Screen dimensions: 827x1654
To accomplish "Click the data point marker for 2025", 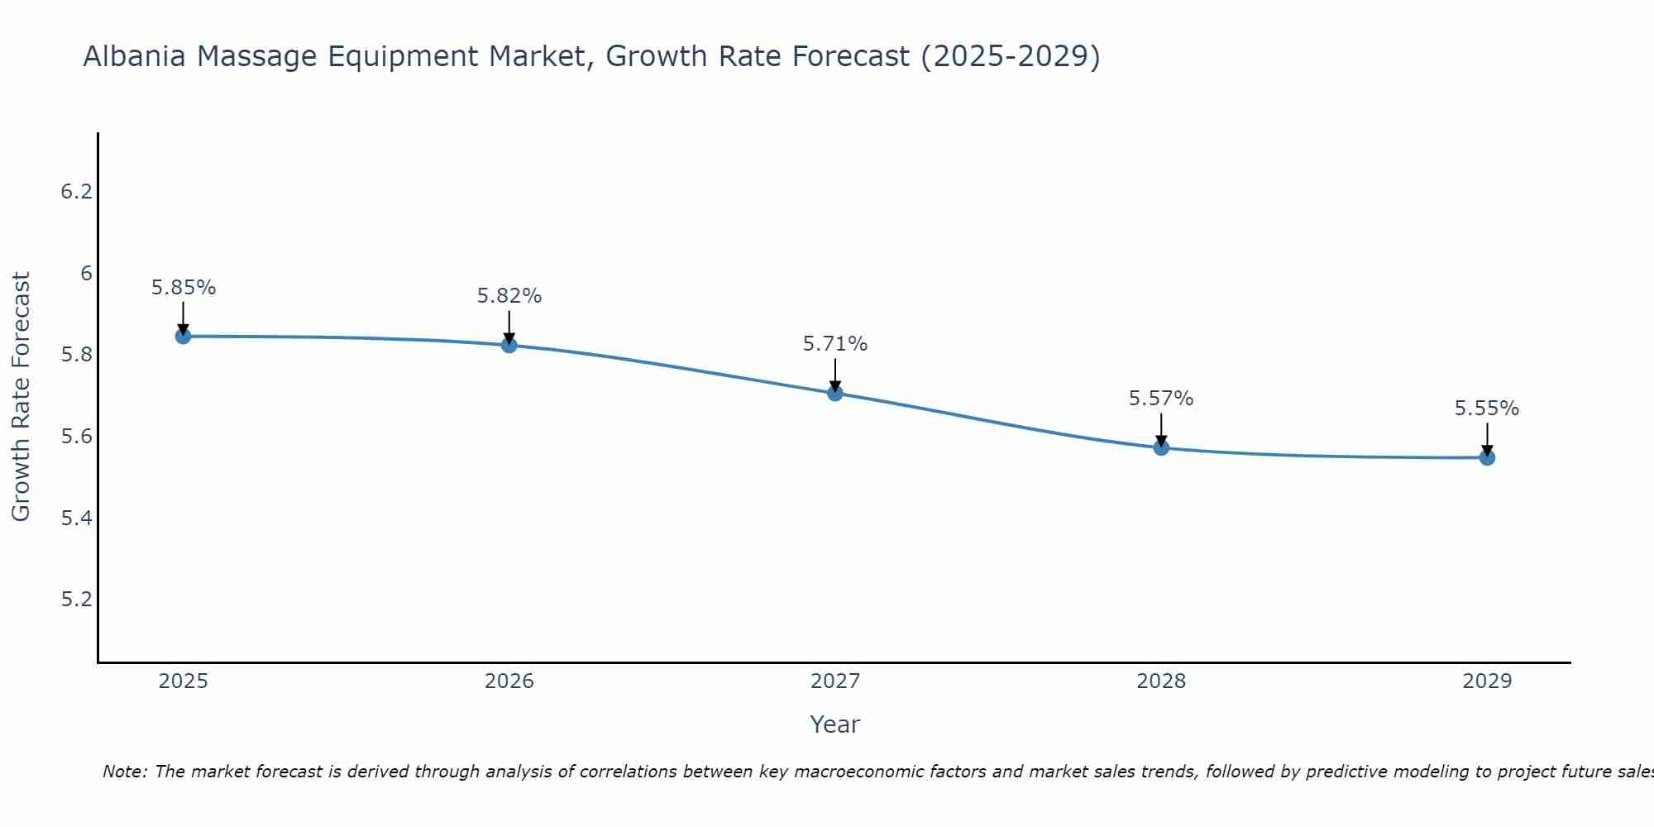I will pos(183,336).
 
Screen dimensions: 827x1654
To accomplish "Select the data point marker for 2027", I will pos(835,393).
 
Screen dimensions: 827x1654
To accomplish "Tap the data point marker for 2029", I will pos(1487,457).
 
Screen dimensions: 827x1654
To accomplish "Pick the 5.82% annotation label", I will pos(509,296).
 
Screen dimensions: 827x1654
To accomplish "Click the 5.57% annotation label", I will pos(1161,399).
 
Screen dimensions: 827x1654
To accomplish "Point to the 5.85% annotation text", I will pos(183,288).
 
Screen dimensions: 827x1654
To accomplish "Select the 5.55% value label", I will pos(1487,409).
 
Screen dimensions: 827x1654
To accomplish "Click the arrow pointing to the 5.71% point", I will pos(835,375).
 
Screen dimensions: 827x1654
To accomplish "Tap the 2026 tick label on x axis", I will pos(509,681).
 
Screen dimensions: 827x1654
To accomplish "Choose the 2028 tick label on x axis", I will pos(1161,681).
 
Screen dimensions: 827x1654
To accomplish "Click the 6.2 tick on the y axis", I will pos(76,192).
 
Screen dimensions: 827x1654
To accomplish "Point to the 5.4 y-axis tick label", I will pos(76,519).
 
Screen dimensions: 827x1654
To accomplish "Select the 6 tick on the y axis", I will pos(86,274).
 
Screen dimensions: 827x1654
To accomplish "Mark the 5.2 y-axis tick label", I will pos(76,600).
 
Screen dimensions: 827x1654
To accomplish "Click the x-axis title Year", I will pos(835,724).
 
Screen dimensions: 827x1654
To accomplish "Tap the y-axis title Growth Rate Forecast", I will pos(21,397).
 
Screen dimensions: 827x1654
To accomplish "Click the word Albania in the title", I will pos(134,56).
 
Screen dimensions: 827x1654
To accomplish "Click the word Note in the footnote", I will pos(124,772).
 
